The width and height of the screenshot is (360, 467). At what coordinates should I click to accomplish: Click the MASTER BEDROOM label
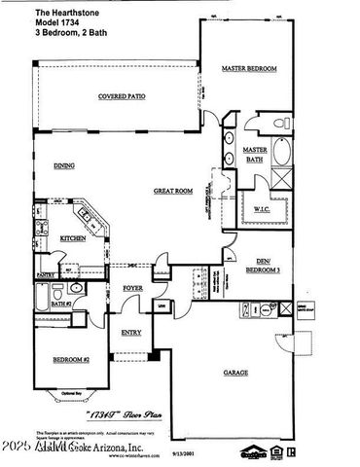click(x=249, y=69)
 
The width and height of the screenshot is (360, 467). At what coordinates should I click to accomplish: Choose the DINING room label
click(x=64, y=165)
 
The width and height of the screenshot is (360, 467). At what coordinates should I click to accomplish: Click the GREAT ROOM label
click(x=172, y=191)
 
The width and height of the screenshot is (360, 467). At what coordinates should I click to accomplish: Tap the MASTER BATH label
click(x=255, y=156)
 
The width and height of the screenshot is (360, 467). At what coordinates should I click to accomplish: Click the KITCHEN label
click(x=73, y=237)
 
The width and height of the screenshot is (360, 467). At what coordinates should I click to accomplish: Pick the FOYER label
click(x=132, y=289)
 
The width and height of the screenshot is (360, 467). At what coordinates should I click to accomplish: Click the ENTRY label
click(x=130, y=332)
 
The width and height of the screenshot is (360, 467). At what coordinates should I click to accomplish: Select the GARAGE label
click(x=234, y=372)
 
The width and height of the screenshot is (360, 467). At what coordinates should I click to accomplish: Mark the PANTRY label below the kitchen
click(x=45, y=276)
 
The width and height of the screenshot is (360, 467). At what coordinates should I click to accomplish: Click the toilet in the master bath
click(x=278, y=125)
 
